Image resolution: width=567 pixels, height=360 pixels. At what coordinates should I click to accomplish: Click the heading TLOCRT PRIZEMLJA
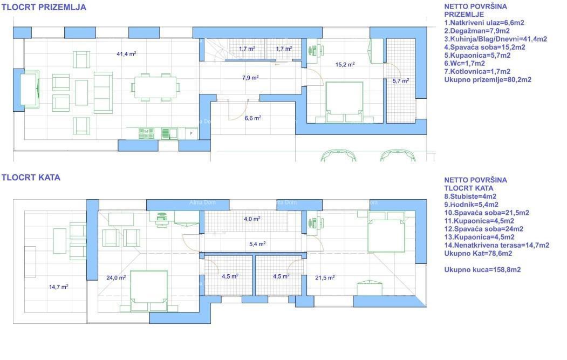point(44,8)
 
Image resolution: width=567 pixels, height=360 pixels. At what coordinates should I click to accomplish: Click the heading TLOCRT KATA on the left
point(31,177)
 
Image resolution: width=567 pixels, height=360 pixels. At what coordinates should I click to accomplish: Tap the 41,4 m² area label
point(126,54)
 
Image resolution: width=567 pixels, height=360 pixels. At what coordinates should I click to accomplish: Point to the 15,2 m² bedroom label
point(345,64)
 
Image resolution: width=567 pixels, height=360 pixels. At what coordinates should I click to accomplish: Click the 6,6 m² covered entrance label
point(253,118)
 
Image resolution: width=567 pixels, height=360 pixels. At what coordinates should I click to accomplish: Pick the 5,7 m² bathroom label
point(400,81)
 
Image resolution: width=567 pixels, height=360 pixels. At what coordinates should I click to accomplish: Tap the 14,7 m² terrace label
point(59,287)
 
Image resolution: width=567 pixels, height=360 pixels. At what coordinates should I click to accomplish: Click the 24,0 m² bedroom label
point(116,278)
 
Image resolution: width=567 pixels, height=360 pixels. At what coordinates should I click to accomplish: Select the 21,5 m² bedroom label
point(325,278)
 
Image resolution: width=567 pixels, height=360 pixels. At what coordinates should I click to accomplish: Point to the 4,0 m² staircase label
point(252,219)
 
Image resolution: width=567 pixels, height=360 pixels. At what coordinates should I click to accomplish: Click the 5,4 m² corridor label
point(257,244)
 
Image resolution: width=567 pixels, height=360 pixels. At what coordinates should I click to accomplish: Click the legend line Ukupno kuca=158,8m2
point(482,269)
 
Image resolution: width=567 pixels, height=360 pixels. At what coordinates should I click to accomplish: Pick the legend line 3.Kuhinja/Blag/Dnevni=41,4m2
point(495,39)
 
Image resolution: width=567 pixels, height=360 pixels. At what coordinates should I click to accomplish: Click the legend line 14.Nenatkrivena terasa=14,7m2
point(496,245)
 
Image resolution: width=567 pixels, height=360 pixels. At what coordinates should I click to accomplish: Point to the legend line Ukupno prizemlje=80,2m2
point(488,79)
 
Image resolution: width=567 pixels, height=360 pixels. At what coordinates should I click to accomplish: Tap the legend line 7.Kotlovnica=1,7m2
point(477,71)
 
